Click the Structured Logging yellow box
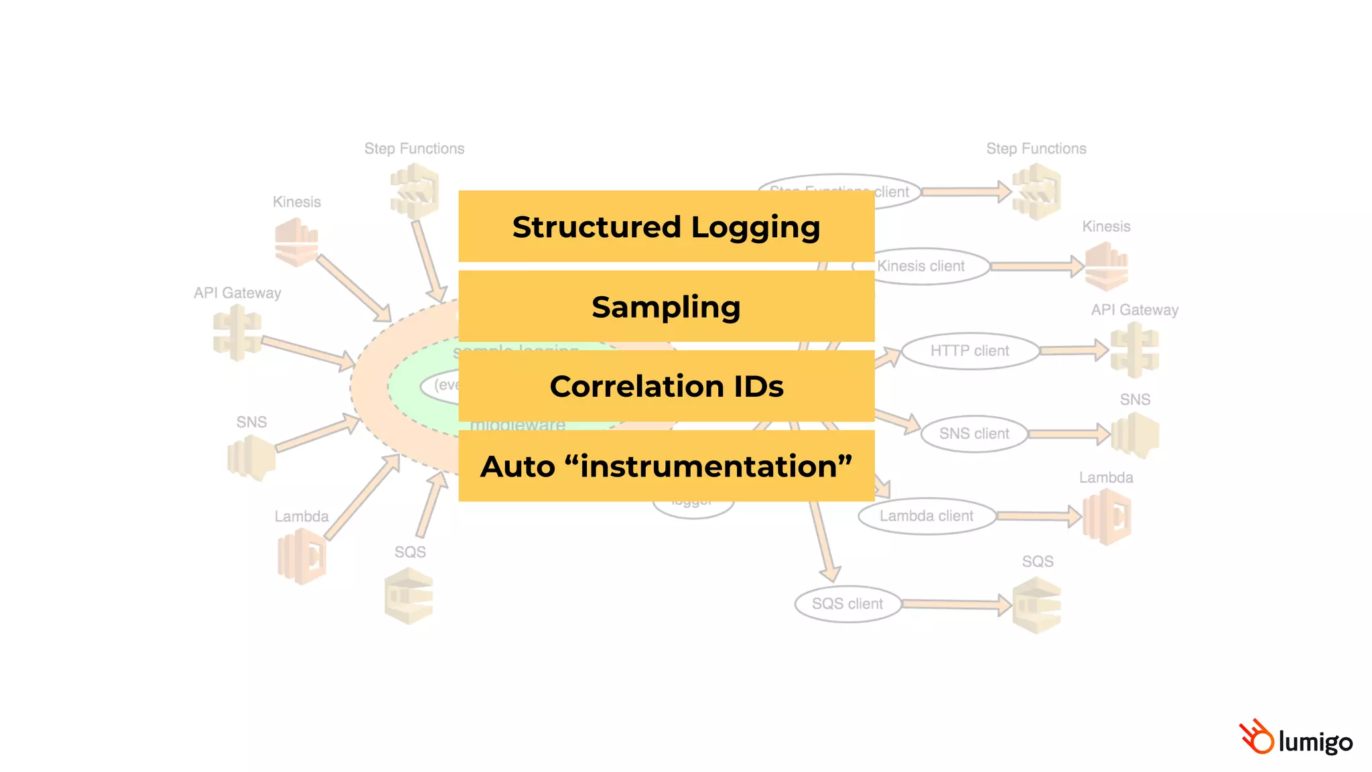[x=666, y=227]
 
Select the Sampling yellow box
[x=666, y=306]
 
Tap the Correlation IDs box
[x=666, y=386]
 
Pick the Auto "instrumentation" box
[x=666, y=466]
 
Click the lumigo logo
[x=1296, y=738]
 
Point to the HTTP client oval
[x=969, y=351]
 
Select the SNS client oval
[x=973, y=434]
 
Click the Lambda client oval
[x=926, y=516]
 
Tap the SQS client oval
[x=847, y=604]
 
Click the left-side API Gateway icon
[x=236, y=332]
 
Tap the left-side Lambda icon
[x=301, y=556]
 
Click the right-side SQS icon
[x=1036, y=606]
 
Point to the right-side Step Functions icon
[x=1036, y=192]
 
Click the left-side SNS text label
[x=251, y=422]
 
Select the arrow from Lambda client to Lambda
[x=1038, y=516]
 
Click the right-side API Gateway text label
[x=1134, y=310]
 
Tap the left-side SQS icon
[x=409, y=596]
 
